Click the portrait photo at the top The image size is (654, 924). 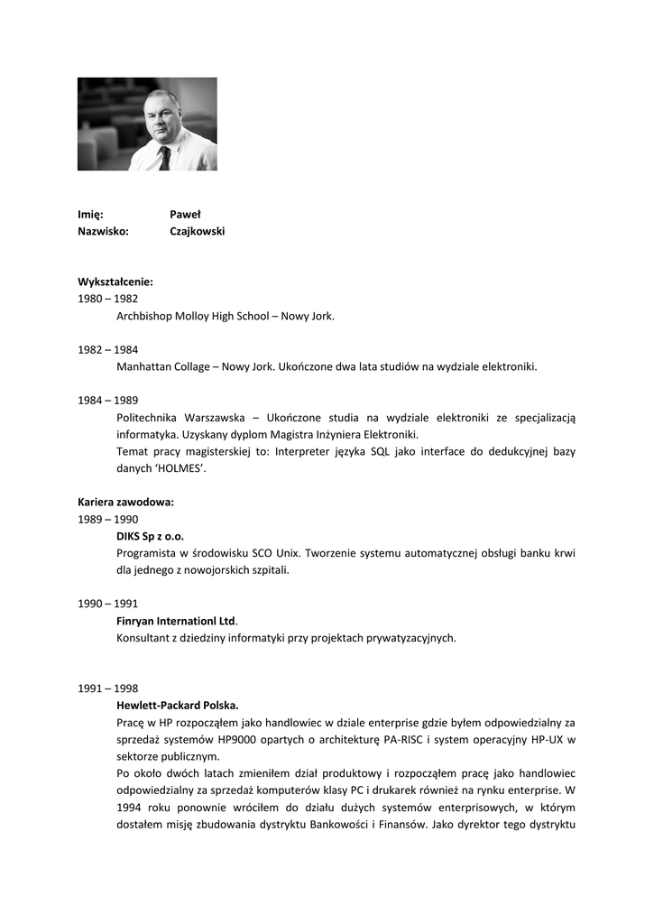click(147, 124)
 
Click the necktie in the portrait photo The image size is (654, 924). click(164, 157)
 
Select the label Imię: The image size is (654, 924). click(90, 215)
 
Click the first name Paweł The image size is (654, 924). click(185, 215)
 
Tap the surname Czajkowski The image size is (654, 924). click(197, 231)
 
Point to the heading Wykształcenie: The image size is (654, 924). click(115, 282)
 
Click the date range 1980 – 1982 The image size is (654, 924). click(107, 299)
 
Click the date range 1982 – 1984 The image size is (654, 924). click(107, 349)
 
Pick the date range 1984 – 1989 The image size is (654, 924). click(107, 400)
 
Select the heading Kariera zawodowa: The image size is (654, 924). click(125, 502)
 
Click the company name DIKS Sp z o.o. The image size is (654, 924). click(150, 536)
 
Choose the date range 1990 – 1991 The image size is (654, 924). click(107, 604)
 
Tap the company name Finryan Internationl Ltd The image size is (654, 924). click(176, 621)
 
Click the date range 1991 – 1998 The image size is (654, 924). click(107, 688)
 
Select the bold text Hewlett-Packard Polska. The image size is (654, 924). click(177, 705)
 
